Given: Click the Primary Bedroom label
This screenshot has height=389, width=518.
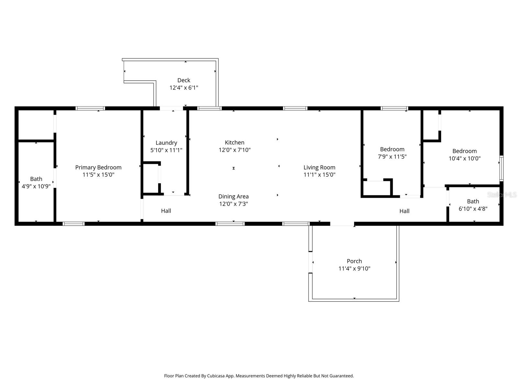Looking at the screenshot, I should click(x=98, y=167).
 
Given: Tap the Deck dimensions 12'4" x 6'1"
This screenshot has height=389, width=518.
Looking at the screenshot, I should click(x=184, y=88).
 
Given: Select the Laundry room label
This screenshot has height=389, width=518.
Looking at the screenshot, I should click(x=166, y=143).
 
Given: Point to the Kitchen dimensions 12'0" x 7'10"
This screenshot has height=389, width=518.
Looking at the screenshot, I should click(x=234, y=150).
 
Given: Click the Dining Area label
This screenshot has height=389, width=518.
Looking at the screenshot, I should click(x=233, y=196).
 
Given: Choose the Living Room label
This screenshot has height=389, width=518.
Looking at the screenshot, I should click(x=319, y=167).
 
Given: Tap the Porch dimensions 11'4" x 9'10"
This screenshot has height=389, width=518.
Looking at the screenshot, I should click(x=354, y=268).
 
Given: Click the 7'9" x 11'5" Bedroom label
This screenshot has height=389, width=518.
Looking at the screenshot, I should click(x=392, y=149).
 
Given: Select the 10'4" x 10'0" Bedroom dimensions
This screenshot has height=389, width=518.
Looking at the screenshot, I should click(x=464, y=159).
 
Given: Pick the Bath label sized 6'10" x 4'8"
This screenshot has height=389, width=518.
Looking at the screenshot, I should click(x=473, y=201).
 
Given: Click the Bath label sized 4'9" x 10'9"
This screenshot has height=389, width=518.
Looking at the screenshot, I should click(x=36, y=179).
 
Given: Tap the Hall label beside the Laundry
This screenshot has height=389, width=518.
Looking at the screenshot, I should click(x=166, y=211).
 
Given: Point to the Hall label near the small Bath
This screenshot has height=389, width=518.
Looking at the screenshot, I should click(x=404, y=211).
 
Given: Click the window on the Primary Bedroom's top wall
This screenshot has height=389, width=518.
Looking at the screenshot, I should click(x=90, y=108).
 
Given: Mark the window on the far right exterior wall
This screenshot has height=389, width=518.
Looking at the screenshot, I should click(x=501, y=168).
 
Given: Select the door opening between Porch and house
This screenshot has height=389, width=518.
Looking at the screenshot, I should click(x=342, y=224).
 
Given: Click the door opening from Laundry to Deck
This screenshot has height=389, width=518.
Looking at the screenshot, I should click(x=172, y=108).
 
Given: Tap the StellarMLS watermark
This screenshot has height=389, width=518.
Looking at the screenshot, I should click(x=502, y=194).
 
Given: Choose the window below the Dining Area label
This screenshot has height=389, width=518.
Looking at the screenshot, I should click(x=230, y=224).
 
